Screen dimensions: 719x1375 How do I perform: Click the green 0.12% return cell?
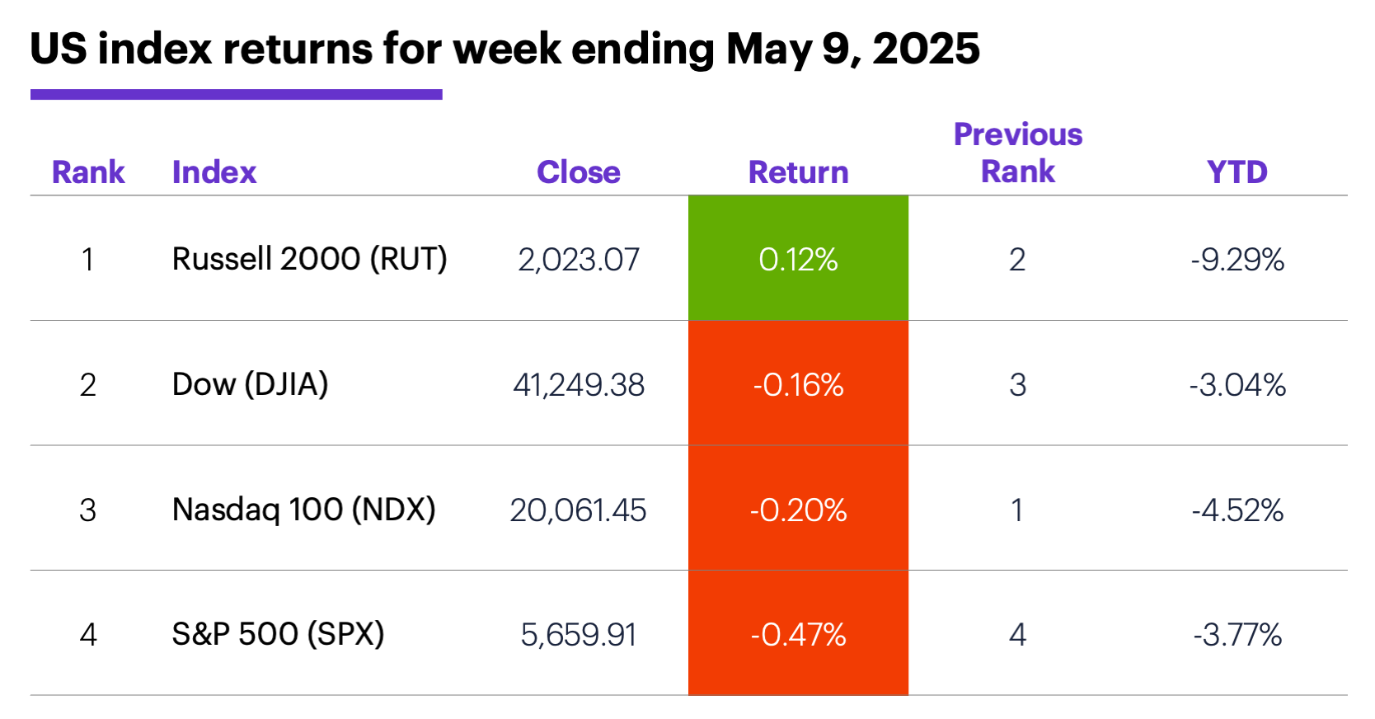tap(798, 259)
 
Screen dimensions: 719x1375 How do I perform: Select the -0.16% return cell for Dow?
tap(798, 384)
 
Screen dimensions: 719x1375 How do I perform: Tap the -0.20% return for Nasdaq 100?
tap(798, 510)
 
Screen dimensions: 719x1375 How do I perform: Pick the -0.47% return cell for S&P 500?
tap(798, 634)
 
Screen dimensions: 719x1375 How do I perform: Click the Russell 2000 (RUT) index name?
tap(309, 259)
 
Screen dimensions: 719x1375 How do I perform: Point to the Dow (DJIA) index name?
tap(250, 384)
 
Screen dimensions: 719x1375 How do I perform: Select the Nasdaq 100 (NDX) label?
tap(303, 510)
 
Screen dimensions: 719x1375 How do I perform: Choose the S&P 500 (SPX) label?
tap(278, 634)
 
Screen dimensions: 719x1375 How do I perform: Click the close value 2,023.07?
tap(579, 260)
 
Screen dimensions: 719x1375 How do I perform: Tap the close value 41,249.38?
tap(579, 385)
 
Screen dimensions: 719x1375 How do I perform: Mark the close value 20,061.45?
tap(578, 510)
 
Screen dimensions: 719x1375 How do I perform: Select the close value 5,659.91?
tap(579, 635)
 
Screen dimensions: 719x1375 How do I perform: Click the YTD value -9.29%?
tap(1237, 260)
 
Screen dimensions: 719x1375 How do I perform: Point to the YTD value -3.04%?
tap(1237, 385)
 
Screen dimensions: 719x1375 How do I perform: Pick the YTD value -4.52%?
tap(1237, 510)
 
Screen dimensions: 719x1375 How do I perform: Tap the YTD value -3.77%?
tap(1237, 635)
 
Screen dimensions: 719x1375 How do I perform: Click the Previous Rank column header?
tap(1018, 153)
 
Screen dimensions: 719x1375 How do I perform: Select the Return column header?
tap(798, 172)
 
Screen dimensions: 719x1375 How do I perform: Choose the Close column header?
tap(579, 172)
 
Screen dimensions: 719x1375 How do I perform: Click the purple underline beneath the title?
tap(236, 95)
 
